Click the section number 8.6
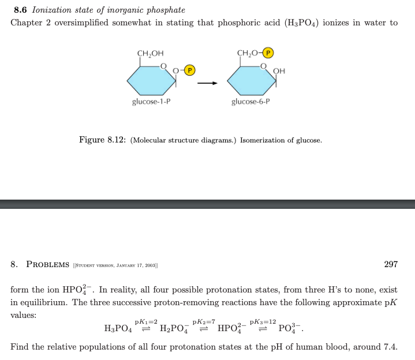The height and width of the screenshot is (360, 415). pyautogui.click(x=21, y=10)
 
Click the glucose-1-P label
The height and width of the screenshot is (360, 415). pyautogui.click(x=151, y=102)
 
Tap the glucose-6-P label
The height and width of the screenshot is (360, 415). pyautogui.click(x=250, y=102)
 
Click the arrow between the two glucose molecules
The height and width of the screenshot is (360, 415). pyautogui.click(x=207, y=83)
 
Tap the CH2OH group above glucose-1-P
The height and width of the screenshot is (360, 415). pyautogui.click(x=149, y=55)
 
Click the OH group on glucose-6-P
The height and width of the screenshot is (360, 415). pyautogui.click(x=279, y=71)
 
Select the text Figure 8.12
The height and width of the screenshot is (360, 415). pyautogui.click(x=102, y=140)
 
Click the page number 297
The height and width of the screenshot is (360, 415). pyautogui.click(x=391, y=264)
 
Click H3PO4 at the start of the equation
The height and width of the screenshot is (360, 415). pyautogui.click(x=118, y=329)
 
